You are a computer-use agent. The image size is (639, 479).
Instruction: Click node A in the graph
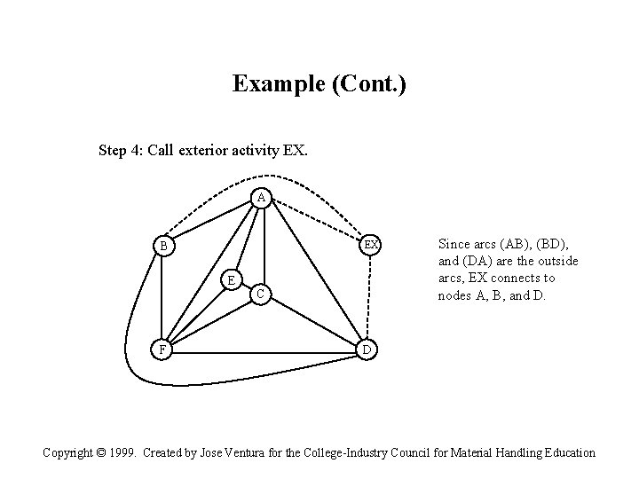260,198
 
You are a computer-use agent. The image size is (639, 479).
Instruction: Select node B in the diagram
163,245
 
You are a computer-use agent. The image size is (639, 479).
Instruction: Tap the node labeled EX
372,244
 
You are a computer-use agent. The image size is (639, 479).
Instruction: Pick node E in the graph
230,280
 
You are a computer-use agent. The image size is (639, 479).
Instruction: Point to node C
259,293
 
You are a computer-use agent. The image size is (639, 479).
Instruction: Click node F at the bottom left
161,349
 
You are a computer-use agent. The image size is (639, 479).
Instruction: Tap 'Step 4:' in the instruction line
122,150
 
